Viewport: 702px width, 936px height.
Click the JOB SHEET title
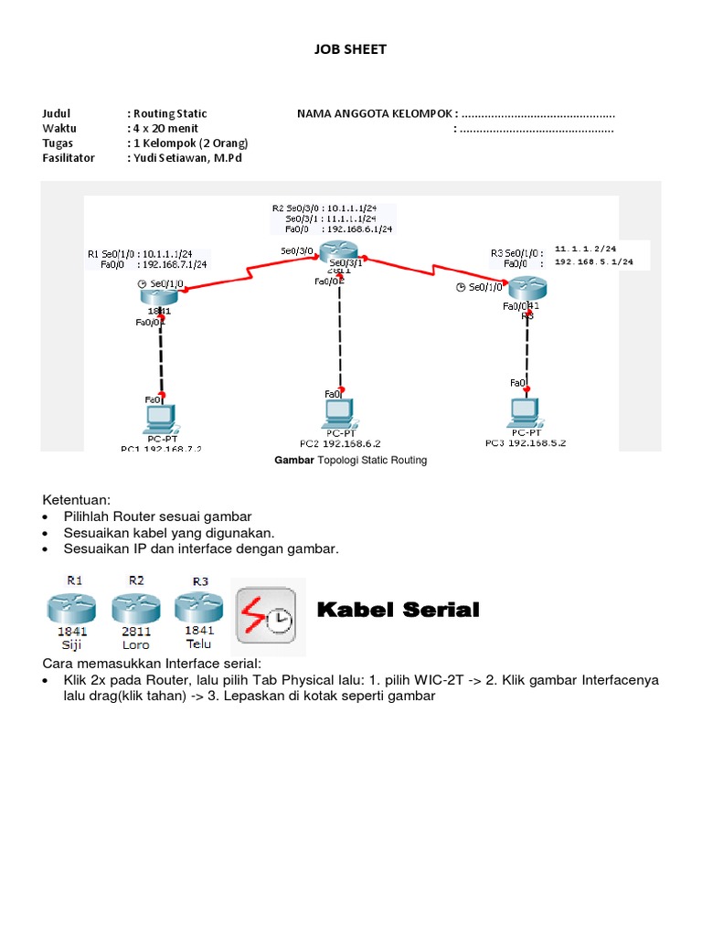pyautogui.click(x=351, y=49)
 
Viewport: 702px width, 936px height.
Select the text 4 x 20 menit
pyautogui.click(x=166, y=128)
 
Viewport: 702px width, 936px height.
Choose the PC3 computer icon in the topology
pyautogui.click(x=526, y=412)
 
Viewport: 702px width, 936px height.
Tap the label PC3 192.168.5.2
pyautogui.click(x=526, y=443)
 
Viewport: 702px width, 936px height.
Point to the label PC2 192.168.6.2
pyautogui.click(x=340, y=443)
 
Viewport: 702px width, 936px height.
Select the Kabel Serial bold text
pyautogui.click(x=398, y=610)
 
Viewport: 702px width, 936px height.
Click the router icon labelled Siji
pyautogui.click(x=72, y=609)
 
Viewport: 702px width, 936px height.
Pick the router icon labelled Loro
pyautogui.click(x=136, y=609)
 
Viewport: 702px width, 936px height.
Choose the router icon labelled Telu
pyautogui.click(x=199, y=609)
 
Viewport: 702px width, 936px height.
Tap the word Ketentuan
pyautogui.click(x=77, y=500)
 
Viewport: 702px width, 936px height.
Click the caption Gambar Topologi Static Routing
pyautogui.click(x=351, y=460)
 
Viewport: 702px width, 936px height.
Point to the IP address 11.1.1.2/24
pyautogui.click(x=586, y=248)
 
